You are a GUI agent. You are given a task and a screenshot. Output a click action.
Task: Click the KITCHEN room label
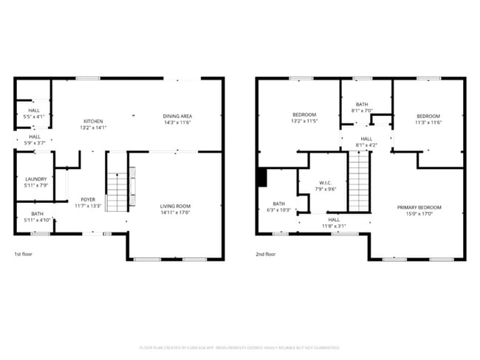click(x=93, y=121)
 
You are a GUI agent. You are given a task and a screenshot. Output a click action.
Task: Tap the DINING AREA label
click(x=177, y=116)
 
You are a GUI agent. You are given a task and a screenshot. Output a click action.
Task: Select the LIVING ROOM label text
click(x=175, y=206)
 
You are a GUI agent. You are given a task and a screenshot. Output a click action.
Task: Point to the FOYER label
click(x=88, y=200)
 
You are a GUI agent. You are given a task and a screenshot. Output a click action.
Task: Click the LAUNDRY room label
click(x=35, y=179)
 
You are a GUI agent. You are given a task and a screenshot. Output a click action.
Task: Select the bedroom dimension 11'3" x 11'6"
click(x=428, y=122)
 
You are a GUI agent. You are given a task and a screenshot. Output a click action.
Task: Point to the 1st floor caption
click(x=24, y=254)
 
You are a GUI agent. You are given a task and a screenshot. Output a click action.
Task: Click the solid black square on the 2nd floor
click(x=261, y=178)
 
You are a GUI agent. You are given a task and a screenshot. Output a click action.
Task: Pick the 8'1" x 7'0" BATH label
click(x=362, y=105)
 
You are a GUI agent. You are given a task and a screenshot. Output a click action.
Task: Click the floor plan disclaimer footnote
click(x=239, y=347)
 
